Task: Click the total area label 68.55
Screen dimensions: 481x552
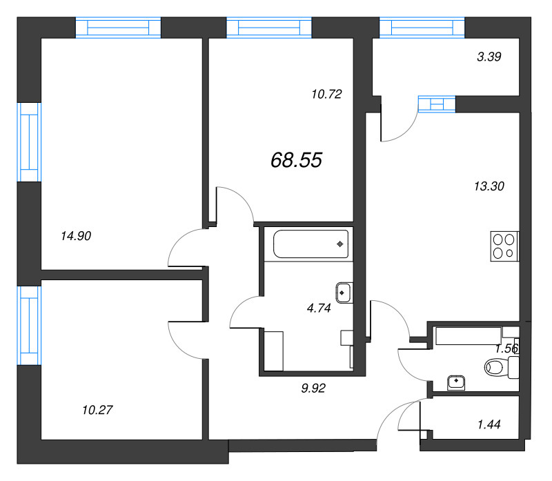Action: click(x=296, y=160)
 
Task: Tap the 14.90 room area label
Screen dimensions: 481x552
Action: click(x=76, y=235)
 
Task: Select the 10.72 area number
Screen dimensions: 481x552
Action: click(x=327, y=93)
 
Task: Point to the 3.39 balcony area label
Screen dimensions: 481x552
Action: click(x=489, y=57)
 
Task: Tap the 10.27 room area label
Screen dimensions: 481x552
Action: click(x=97, y=410)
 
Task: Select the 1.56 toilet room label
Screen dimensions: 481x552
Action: click(x=506, y=349)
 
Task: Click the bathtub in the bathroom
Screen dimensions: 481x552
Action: click(x=311, y=244)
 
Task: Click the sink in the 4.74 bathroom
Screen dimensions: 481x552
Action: click(x=344, y=293)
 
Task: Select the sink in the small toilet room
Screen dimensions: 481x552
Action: click(x=457, y=381)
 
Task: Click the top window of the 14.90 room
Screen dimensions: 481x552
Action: click(x=118, y=28)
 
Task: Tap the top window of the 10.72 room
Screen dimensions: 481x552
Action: click(x=269, y=28)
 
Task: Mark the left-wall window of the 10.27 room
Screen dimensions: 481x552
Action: click(x=29, y=324)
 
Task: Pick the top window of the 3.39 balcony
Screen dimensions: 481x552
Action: click(x=421, y=28)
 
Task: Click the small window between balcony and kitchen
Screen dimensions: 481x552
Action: click(x=437, y=104)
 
